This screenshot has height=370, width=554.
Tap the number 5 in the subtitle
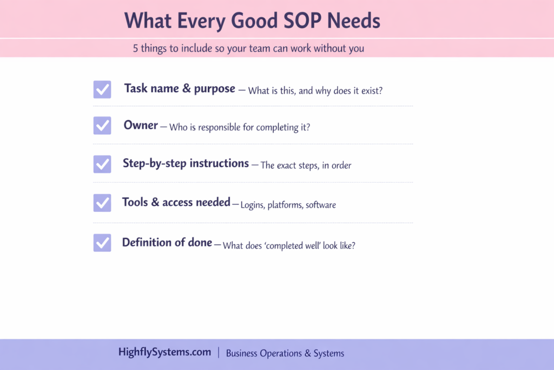135,48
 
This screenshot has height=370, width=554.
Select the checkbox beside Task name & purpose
102,89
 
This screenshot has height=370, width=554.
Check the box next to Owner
102,126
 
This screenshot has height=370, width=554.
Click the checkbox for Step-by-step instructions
102,164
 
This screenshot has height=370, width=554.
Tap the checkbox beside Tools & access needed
102,203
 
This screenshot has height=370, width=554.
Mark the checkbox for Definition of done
102,243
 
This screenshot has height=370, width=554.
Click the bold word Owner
141,125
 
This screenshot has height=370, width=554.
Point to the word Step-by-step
154,164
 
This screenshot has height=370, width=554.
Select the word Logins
253,205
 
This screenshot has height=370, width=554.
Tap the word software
321,205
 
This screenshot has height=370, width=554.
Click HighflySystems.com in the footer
164,352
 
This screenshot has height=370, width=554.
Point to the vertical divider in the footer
219,353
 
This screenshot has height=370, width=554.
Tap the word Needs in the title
354,21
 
